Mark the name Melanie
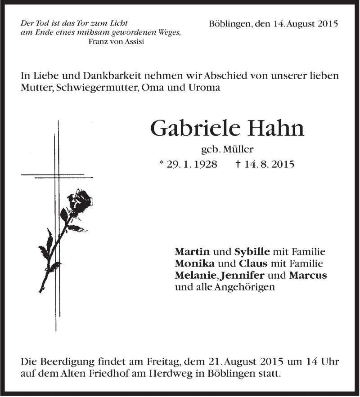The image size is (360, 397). [x=193, y=275]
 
